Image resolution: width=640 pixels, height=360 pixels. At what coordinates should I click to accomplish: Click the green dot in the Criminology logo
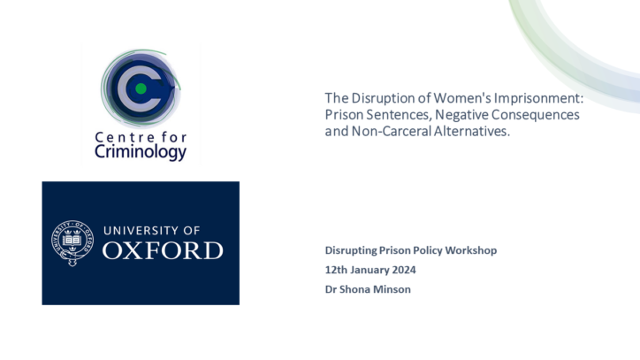tap(141, 88)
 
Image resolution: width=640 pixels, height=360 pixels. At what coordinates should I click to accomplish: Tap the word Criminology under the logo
tap(141, 152)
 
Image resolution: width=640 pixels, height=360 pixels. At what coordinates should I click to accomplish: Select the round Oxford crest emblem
tap(72, 243)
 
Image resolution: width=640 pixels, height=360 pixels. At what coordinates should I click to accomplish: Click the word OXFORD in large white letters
tap(163, 250)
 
